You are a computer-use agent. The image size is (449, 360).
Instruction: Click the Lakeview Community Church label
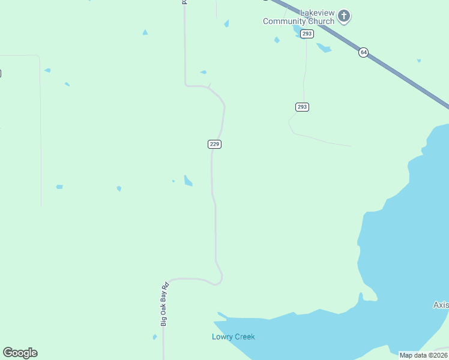click(x=298, y=17)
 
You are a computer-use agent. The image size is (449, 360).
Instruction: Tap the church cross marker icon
click(x=344, y=16)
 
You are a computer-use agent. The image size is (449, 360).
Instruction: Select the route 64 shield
click(x=363, y=52)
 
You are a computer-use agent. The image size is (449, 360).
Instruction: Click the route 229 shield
click(x=215, y=144)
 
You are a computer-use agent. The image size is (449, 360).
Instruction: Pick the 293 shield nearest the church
click(x=307, y=34)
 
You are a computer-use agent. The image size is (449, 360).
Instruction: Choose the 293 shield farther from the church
click(x=302, y=107)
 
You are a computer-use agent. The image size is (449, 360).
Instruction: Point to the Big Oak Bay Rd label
click(x=164, y=304)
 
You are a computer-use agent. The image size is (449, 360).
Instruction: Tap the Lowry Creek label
click(x=234, y=337)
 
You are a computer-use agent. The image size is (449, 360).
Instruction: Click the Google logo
click(x=20, y=353)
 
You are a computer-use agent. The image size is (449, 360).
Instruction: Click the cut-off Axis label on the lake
click(x=441, y=305)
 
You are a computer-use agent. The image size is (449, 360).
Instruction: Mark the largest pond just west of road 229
click(x=188, y=181)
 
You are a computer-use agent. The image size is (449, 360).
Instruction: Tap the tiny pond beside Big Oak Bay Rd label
click(x=155, y=337)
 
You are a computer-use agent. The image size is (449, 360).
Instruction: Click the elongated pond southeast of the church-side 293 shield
click(x=324, y=47)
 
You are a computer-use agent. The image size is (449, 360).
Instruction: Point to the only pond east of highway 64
click(x=418, y=61)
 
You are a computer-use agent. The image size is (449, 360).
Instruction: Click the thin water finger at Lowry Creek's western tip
click(x=221, y=314)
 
